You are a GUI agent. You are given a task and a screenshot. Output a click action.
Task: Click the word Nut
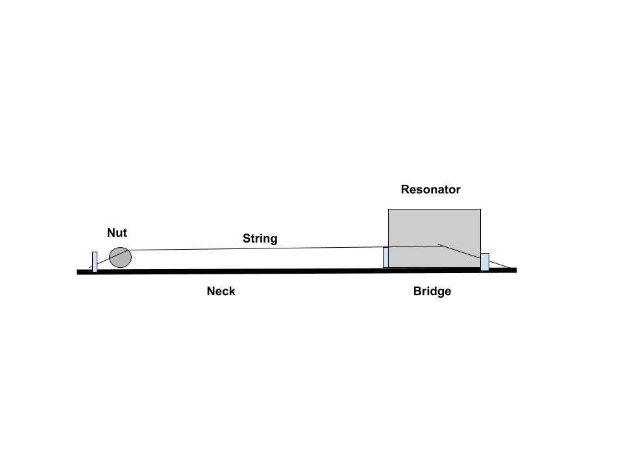pyautogui.click(x=117, y=233)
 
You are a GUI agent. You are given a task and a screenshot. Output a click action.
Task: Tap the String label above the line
pyautogui.click(x=260, y=238)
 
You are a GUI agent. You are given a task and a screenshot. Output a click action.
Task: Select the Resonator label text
pyautogui.click(x=431, y=189)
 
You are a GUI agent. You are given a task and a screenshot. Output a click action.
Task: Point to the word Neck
pyautogui.click(x=221, y=291)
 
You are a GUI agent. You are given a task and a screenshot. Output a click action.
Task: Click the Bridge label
pyautogui.click(x=432, y=291)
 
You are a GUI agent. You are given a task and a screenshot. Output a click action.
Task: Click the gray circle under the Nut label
pyautogui.click(x=120, y=257)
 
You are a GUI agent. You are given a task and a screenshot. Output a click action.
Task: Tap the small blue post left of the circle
pyautogui.click(x=95, y=261)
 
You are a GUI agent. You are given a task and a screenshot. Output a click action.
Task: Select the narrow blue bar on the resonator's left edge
pyautogui.click(x=385, y=257)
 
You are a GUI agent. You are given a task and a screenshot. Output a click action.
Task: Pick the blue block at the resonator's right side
pyautogui.click(x=485, y=261)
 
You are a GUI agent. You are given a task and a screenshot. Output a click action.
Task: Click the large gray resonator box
pyautogui.click(x=434, y=238)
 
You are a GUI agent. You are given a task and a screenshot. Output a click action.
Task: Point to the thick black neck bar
pyautogui.click(x=297, y=271)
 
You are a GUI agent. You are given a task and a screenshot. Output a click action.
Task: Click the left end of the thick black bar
pyautogui.click(x=77, y=272)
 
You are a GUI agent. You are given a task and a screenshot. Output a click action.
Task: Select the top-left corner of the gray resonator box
pyautogui.click(x=388, y=209)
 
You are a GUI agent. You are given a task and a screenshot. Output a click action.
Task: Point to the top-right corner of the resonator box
pyautogui.click(x=481, y=209)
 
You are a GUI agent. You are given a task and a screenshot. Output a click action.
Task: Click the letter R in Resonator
pyautogui.click(x=405, y=189)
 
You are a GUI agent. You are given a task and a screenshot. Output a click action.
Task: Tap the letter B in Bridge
pyautogui.click(x=417, y=291)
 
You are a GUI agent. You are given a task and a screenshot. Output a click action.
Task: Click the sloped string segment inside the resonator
pyautogui.click(x=459, y=251)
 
